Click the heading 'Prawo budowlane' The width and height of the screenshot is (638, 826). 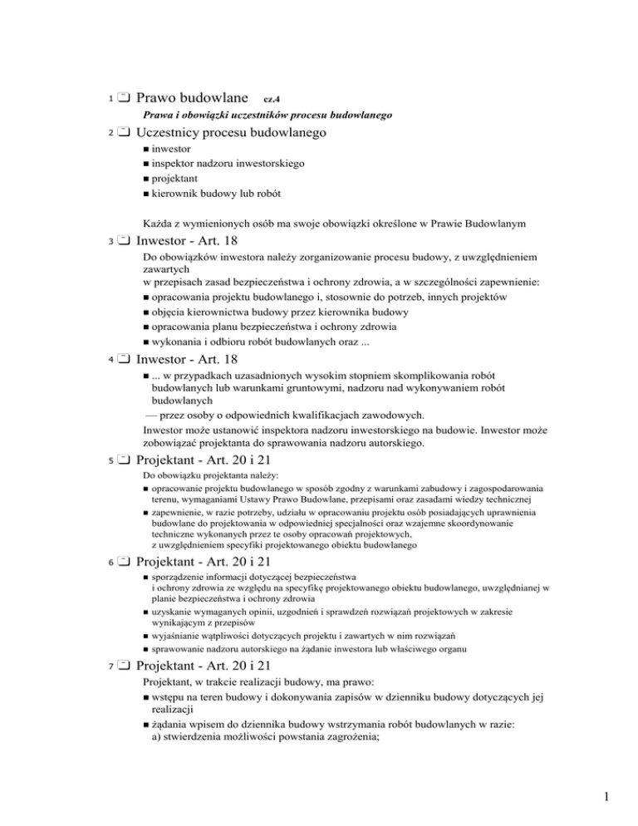(189, 98)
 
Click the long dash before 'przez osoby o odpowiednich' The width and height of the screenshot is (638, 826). (153, 415)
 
